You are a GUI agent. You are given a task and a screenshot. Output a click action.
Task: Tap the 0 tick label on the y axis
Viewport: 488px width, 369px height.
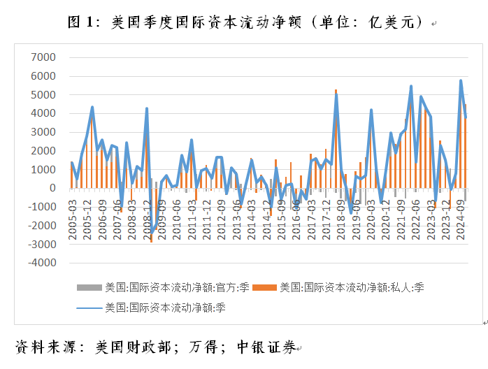(x=52, y=188)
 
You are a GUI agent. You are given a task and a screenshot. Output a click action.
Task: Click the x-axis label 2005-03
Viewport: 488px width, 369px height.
(x=73, y=219)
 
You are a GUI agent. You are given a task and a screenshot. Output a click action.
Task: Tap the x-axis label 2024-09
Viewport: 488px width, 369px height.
(x=461, y=219)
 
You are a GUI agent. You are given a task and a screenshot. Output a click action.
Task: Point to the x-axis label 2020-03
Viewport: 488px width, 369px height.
(x=371, y=219)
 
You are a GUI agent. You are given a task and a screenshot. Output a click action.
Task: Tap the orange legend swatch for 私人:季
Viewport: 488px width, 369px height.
(x=263, y=287)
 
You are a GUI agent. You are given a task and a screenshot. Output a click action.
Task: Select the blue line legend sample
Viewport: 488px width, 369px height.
(x=89, y=306)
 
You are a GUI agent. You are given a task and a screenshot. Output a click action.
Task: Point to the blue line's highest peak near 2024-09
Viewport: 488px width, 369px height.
(x=461, y=80)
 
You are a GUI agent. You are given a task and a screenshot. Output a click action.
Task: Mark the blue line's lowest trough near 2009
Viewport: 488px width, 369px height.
(x=152, y=234)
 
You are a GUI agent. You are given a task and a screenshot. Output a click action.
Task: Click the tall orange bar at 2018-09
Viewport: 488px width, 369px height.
(x=336, y=140)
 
